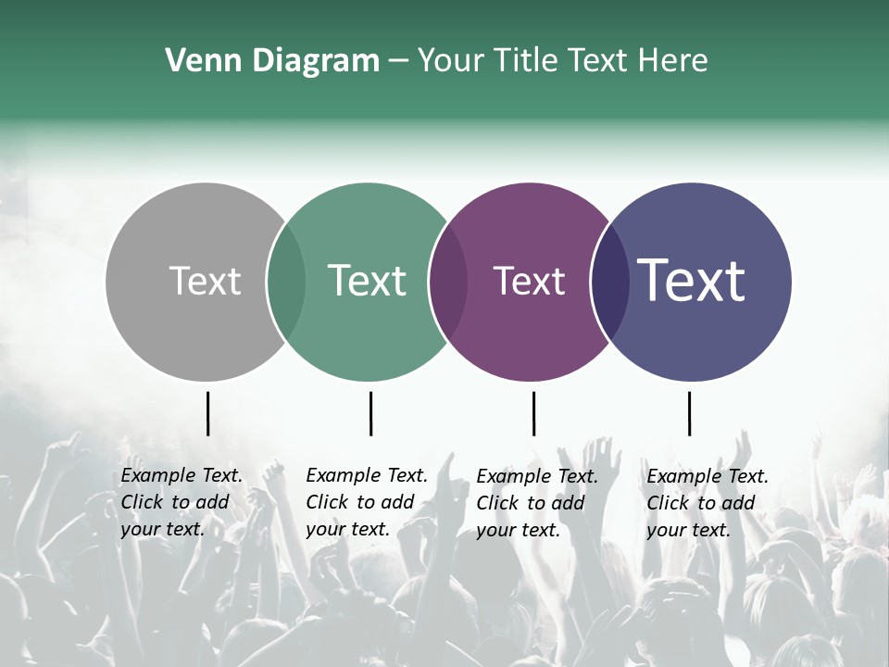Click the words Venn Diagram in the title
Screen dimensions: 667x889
[x=272, y=61]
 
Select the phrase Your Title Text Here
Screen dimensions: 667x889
[x=562, y=61]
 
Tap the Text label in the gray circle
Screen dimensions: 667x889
[x=205, y=282]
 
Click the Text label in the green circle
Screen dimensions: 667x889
[x=367, y=282]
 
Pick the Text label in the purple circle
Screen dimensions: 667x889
[x=529, y=282]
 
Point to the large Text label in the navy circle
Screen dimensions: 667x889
[x=692, y=282]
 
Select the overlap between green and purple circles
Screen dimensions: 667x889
[x=448, y=282]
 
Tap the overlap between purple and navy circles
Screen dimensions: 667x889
[x=609, y=282]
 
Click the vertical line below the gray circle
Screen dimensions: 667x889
[x=207, y=413]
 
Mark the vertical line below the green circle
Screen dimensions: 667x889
[x=370, y=413]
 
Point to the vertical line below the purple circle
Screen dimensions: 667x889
[x=533, y=413]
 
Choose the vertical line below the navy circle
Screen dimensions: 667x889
[x=689, y=413]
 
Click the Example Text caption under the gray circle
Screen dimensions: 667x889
[x=182, y=502]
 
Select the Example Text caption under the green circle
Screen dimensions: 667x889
[x=367, y=502]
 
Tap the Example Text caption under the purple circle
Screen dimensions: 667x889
[x=537, y=503]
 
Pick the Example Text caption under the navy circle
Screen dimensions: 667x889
[x=707, y=503]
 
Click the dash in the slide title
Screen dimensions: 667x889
[x=398, y=61]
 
